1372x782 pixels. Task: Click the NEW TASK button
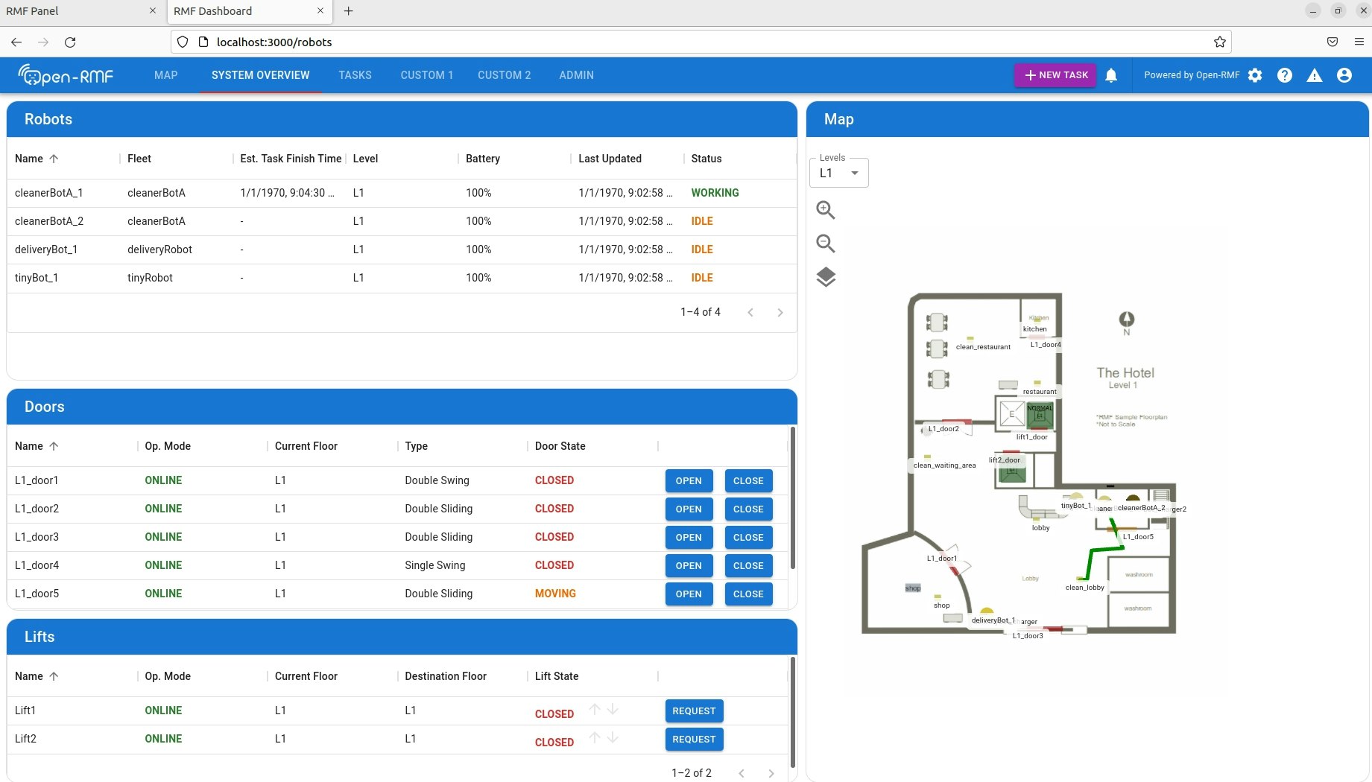(1055, 75)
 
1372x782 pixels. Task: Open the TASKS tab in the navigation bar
(355, 75)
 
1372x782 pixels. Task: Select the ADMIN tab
(576, 75)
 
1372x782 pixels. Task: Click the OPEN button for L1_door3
(688, 537)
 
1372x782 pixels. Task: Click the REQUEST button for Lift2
(693, 739)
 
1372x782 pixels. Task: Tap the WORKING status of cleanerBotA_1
(715, 193)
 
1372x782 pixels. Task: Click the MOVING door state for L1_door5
(555, 594)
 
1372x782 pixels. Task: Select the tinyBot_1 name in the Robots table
(37, 278)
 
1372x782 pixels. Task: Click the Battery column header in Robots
(482, 159)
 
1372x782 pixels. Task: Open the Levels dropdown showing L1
(838, 173)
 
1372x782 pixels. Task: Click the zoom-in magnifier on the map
(825, 210)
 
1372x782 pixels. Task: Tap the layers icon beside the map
(825, 277)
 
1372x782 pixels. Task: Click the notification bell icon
(1110, 75)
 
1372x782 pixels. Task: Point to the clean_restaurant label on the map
(983, 346)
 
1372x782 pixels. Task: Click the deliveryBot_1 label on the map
(993, 620)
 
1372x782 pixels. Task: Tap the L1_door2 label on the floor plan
(943, 429)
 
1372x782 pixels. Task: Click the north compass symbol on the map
(1126, 320)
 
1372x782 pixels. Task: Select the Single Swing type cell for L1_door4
(434, 565)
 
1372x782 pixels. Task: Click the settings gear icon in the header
(1255, 75)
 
